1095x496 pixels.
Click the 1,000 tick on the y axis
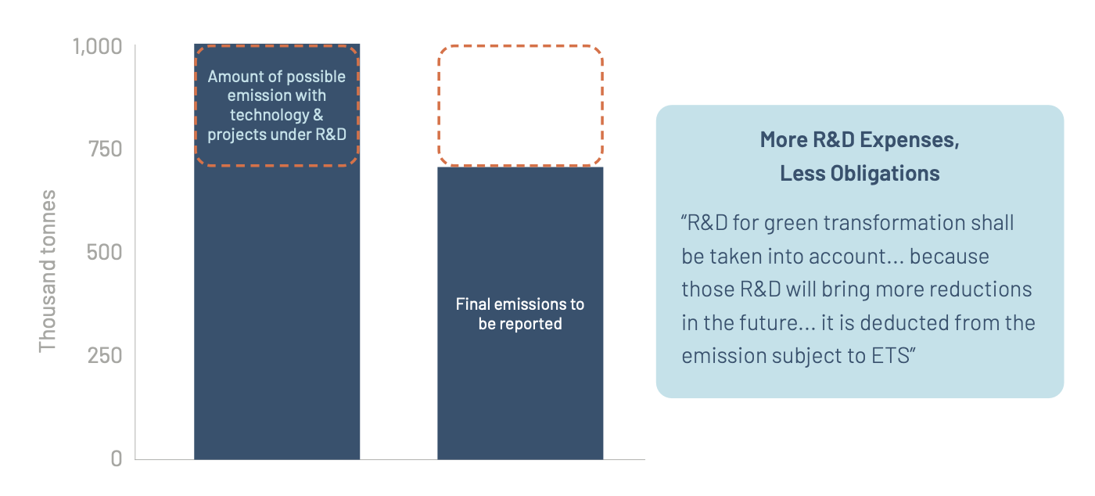pos(97,46)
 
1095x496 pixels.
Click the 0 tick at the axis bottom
pos(116,458)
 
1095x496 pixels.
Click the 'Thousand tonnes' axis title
pos(48,271)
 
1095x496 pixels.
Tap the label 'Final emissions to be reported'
pos(520,314)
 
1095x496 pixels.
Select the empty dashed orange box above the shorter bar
pos(520,106)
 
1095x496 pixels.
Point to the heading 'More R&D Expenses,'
pos(860,141)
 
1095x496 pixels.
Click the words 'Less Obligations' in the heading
pos(860,173)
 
